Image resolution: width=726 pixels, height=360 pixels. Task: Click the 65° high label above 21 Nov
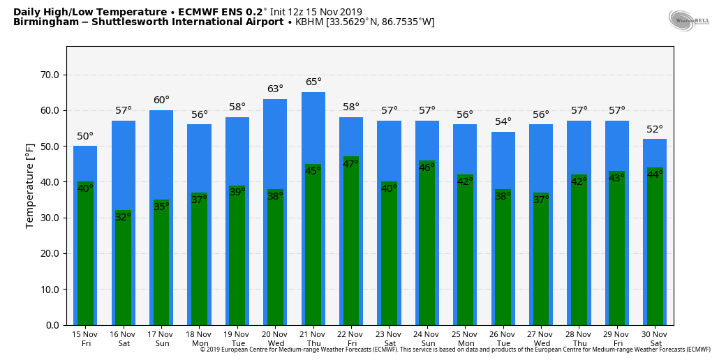(x=313, y=82)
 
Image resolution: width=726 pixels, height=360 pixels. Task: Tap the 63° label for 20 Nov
(x=275, y=89)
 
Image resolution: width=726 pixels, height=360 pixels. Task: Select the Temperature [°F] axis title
(x=30, y=185)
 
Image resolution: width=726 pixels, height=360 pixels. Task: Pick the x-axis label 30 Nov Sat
(x=655, y=338)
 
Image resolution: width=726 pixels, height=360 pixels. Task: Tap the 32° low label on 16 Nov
(x=123, y=217)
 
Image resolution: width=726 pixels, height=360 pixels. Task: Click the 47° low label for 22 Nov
(x=350, y=164)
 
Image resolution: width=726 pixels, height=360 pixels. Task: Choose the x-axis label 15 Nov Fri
(x=86, y=338)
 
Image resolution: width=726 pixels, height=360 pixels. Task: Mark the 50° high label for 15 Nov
(x=85, y=136)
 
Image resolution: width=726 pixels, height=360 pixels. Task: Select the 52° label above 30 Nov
(x=655, y=129)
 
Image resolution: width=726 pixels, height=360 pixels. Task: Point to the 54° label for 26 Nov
(x=503, y=121)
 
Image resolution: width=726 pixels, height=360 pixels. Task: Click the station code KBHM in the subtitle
(x=309, y=22)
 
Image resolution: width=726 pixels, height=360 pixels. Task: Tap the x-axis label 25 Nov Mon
(x=465, y=338)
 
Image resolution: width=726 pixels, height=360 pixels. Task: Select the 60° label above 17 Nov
(x=161, y=100)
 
